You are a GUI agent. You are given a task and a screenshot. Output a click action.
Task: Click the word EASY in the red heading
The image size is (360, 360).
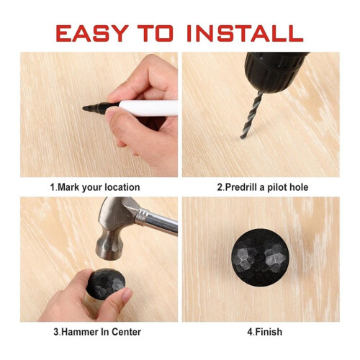click(x=92, y=33)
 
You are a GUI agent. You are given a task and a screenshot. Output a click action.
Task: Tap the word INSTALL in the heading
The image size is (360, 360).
click(x=245, y=33)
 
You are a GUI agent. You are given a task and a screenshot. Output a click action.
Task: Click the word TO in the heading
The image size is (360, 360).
click(x=155, y=33)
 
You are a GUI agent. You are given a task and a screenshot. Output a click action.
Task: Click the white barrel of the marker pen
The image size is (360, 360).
click(x=148, y=108)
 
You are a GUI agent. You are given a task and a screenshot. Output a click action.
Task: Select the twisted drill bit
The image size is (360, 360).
click(x=251, y=114)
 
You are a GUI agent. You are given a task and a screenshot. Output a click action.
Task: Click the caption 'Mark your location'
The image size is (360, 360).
click(x=99, y=187)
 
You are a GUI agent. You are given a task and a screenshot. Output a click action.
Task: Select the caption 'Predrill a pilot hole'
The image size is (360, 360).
click(x=266, y=187)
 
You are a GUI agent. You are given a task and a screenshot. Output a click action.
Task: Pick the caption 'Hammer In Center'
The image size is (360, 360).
click(x=101, y=332)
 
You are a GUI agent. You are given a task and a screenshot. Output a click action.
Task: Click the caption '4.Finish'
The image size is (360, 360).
click(x=265, y=332)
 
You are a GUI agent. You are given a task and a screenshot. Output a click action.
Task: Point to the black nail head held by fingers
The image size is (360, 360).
click(x=106, y=284)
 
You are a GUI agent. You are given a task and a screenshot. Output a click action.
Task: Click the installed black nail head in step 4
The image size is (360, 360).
click(x=260, y=258)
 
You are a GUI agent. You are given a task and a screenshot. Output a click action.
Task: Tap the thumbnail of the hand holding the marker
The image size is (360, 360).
click(x=110, y=115)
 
